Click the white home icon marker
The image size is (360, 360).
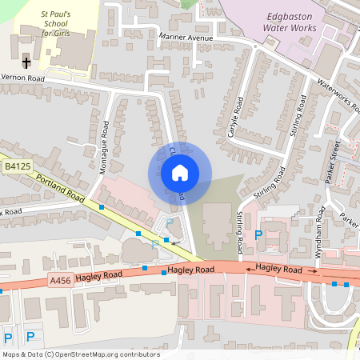(180, 172)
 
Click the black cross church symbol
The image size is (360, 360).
(26, 62)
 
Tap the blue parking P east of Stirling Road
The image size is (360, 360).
(258, 235)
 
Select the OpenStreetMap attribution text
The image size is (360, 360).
(81, 354)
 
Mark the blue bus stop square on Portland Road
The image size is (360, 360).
(102, 207)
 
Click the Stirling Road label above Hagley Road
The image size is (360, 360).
(239, 226)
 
